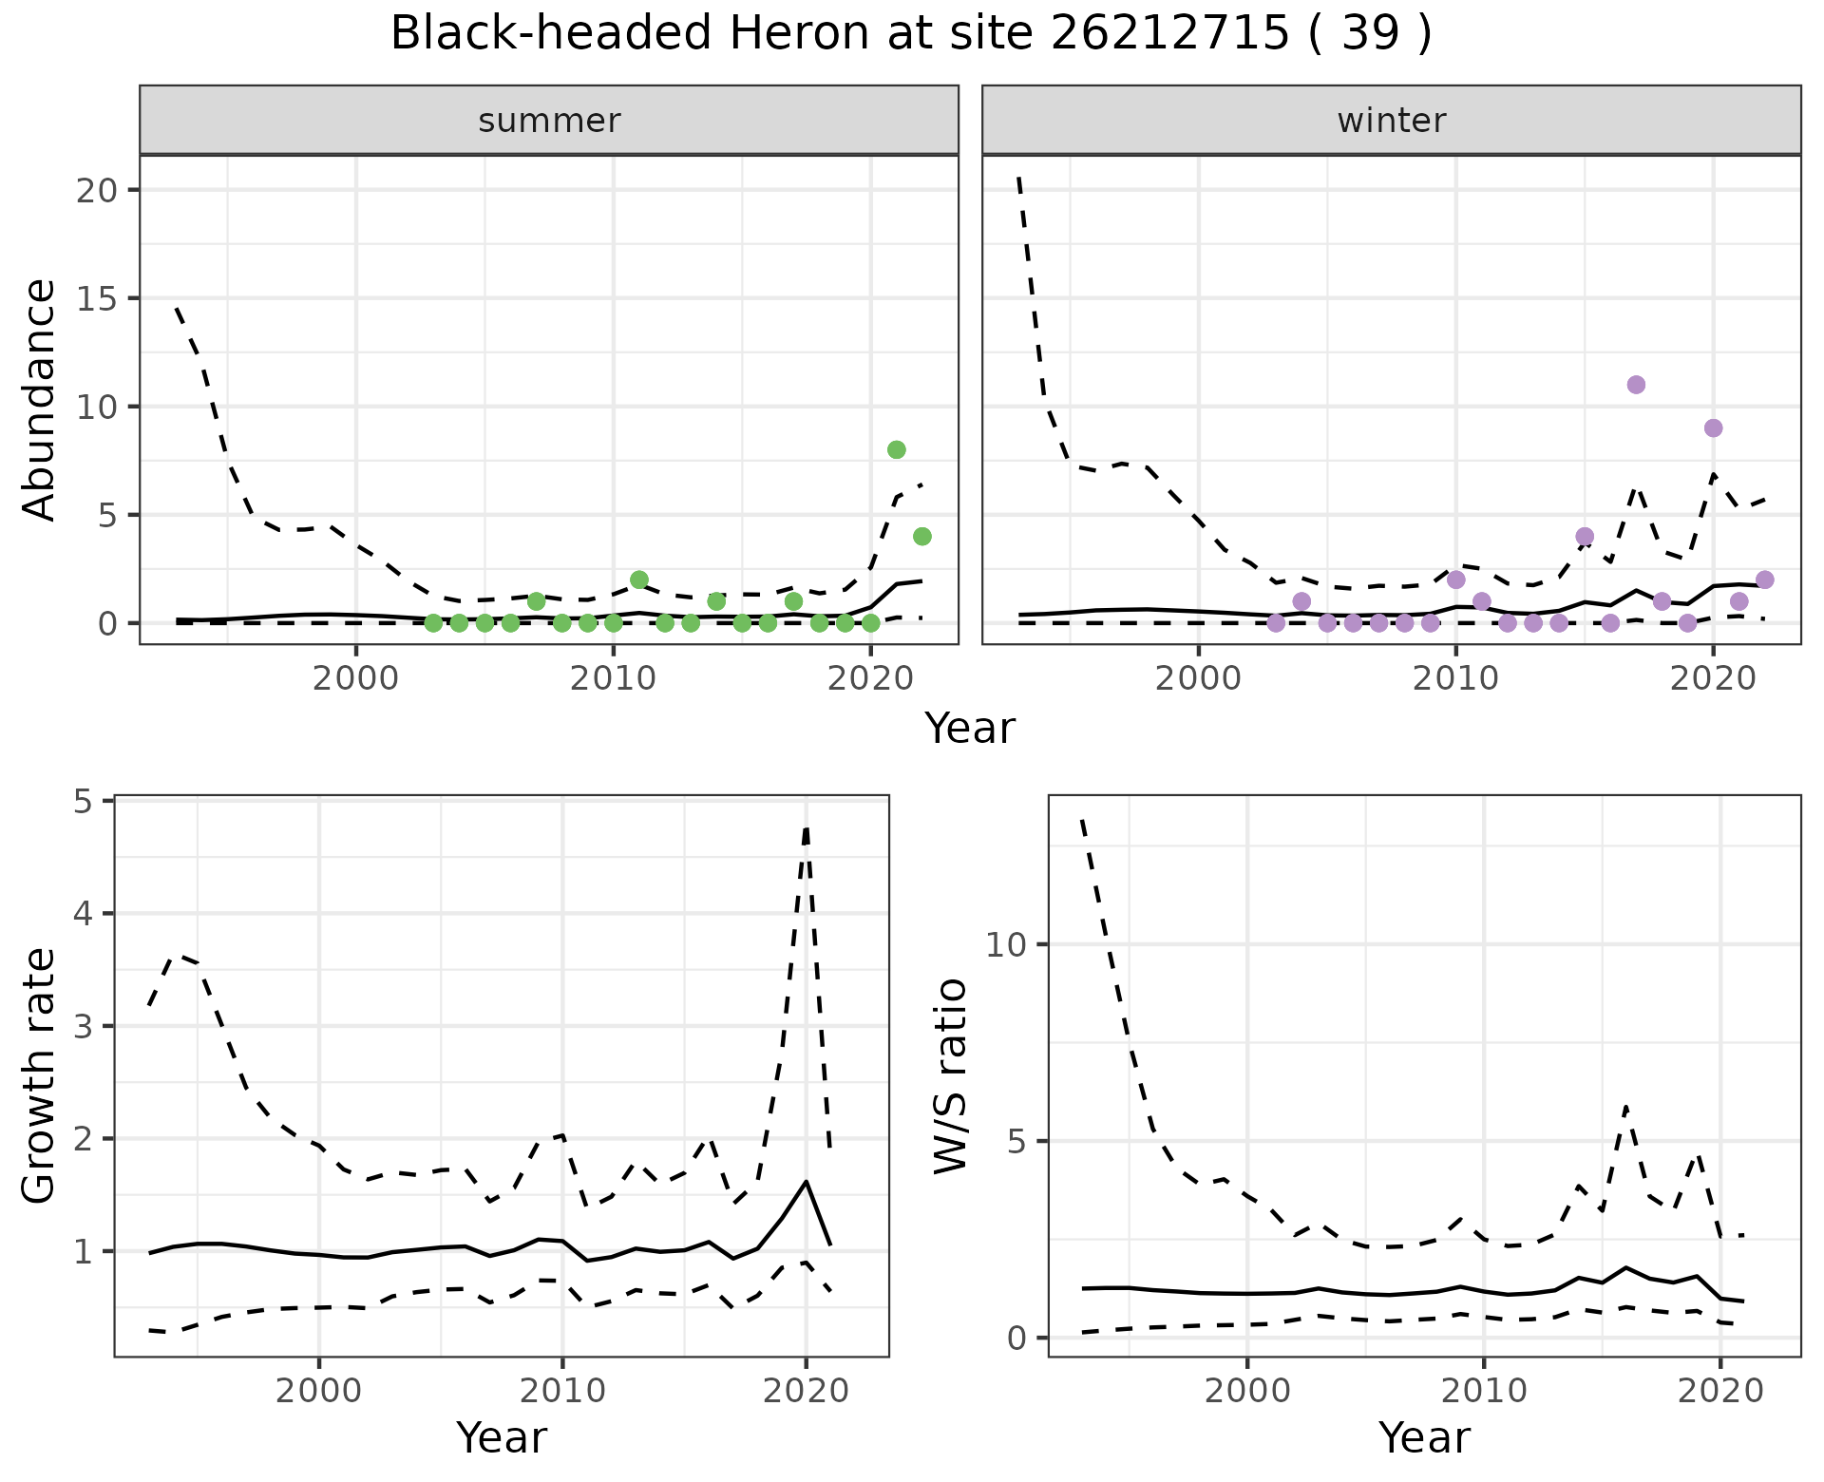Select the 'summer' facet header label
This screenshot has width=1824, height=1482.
point(549,121)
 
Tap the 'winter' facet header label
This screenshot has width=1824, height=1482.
point(1391,121)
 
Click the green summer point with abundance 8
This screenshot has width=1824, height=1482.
point(896,449)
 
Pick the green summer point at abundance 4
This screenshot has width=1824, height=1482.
point(921,537)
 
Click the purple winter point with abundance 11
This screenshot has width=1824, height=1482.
point(1636,385)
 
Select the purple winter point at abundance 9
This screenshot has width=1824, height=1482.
point(1713,428)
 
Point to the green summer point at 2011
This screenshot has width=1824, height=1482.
point(639,579)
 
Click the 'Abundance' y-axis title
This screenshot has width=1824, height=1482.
point(40,399)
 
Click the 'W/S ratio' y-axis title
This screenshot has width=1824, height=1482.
point(950,1076)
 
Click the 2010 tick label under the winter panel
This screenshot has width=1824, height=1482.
point(1455,680)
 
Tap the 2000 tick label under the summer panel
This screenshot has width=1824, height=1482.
point(356,680)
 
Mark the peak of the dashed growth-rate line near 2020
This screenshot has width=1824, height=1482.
point(807,828)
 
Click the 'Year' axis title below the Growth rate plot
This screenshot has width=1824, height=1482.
point(502,1437)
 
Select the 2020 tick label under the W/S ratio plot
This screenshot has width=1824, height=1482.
point(1720,1392)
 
